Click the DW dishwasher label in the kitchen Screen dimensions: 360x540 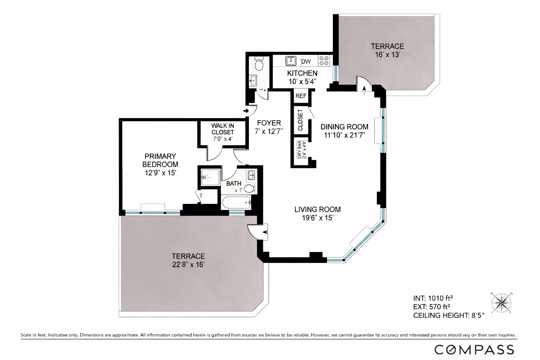[306, 62]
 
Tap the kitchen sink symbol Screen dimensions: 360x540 [291, 61]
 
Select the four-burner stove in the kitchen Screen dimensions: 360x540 [324, 60]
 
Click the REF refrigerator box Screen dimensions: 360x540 [301, 96]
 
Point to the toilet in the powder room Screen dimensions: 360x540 [259, 65]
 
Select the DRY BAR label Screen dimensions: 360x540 [300, 149]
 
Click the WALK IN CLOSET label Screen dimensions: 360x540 [223, 129]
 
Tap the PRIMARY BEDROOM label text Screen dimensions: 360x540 [160, 160]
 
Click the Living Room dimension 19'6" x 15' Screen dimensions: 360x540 [317, 218]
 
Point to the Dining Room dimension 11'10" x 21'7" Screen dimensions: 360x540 [344, 135]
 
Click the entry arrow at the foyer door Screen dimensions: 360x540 [246, 111]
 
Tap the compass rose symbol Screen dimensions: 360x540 [501, 302]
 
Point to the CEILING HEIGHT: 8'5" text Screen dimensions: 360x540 [449, 315]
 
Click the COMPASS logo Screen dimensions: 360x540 [474, 349]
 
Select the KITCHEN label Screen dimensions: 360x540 [302, 73]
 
